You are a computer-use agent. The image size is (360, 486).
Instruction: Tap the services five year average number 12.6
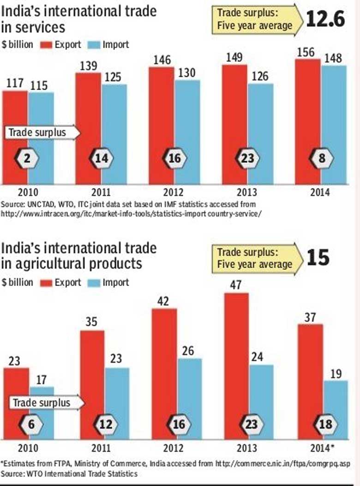click(326, 20)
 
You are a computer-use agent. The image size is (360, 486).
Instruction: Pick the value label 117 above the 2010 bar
click(14, 84)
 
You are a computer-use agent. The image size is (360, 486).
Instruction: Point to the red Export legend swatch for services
click(46, 45)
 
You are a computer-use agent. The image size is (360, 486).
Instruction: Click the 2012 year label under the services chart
click(174, 192)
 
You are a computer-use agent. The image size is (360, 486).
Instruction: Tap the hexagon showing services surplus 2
click(27, 159)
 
